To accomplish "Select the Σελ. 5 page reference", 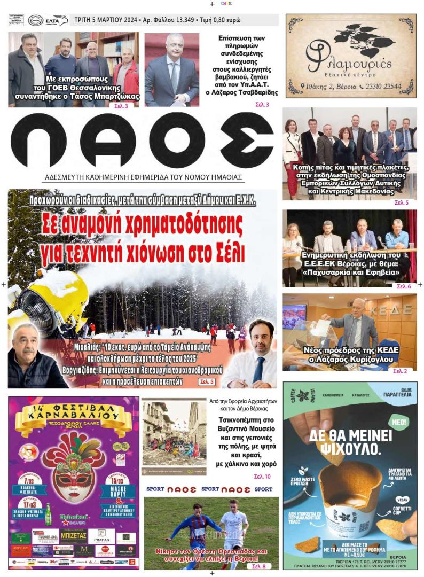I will (x=401, y=203).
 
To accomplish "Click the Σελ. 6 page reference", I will (x=403, y=286).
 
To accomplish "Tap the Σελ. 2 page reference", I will (x=399, y=371).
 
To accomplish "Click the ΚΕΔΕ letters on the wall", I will (x=396, y=310).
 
